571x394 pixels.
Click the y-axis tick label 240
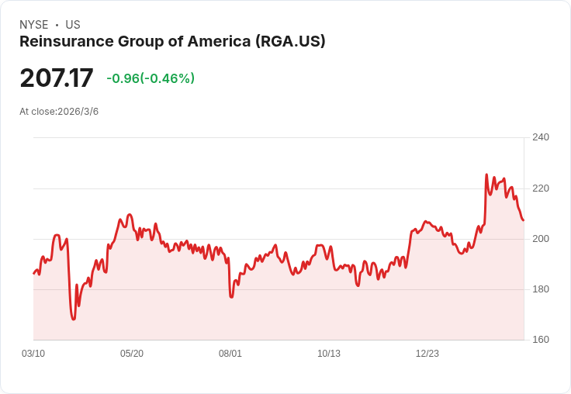click(540, 138)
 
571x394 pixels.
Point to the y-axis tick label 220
click(540, 188)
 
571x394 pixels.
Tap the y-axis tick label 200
click(540, 239)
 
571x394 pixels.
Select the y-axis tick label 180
click(540, 289)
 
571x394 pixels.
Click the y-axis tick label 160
click(540, 340)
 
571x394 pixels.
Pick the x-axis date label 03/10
click(33, 354)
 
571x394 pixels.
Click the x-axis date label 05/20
click(132, 354)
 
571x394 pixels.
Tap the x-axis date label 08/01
click(230, 354)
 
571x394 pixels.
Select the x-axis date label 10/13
click(329, 354)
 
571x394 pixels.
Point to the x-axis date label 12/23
click(427, 354)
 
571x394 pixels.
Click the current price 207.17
click(57, 78)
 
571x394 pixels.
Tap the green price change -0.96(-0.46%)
click(151, 78)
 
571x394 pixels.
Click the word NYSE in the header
click(34, 25)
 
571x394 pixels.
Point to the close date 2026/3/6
click(78, 112)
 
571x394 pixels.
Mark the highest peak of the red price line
click(486, 175)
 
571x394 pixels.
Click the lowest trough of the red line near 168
click(73, 319)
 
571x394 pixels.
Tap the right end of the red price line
click(523, 220)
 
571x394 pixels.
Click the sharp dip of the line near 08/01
click(231, 296)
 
